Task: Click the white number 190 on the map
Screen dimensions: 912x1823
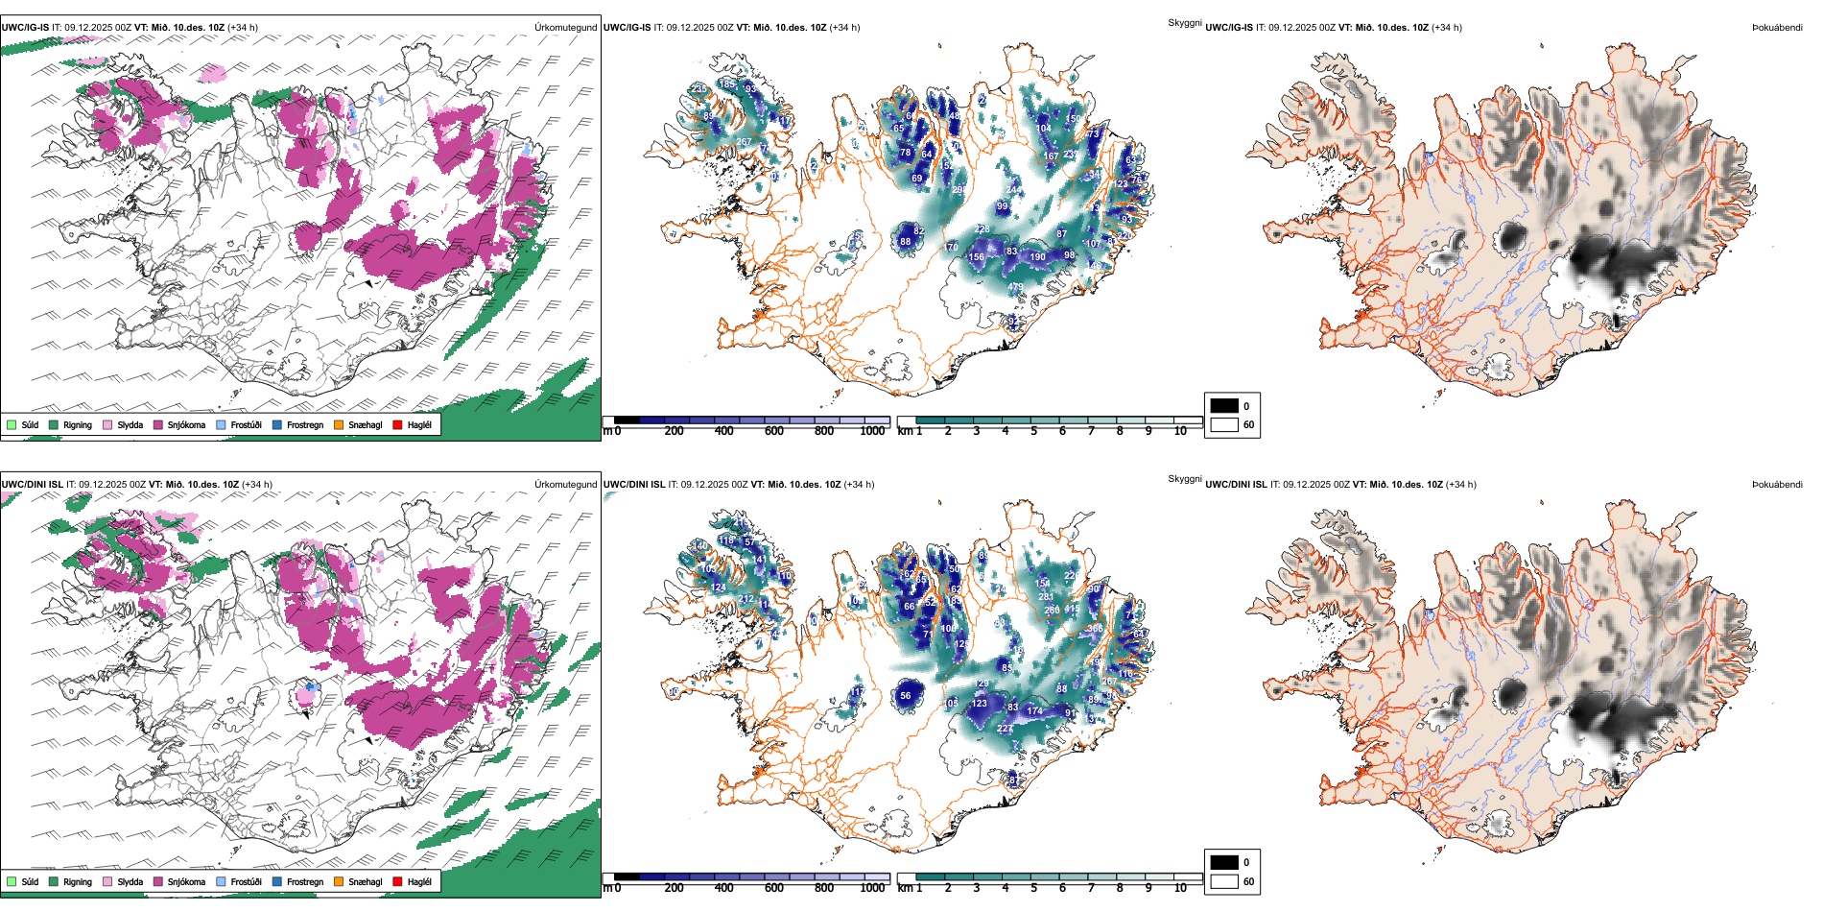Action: coord(1037,257)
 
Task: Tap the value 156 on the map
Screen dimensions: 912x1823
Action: coord(977,257)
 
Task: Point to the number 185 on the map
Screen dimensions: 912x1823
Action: coord(727,84)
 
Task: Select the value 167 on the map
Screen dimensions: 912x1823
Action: coord(1051,156)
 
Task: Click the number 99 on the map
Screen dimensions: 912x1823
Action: coord(1003,206)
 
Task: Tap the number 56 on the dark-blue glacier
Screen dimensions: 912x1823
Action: coord(905,696)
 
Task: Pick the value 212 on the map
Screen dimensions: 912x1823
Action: coord(746,599)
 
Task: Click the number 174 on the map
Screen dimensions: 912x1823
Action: coord(1034,711)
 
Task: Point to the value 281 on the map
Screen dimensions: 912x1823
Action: coord(1046,596)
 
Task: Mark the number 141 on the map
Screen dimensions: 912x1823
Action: coord(759,560)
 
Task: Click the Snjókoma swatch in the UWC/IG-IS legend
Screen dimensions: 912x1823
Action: coord(158,424)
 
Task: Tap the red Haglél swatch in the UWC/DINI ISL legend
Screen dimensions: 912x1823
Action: coord(397,881)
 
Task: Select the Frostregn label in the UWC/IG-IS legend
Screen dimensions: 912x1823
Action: coord(305,424)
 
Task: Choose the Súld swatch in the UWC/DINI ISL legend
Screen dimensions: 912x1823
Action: coord(12,881)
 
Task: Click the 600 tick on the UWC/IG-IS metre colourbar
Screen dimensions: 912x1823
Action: coord(773,431)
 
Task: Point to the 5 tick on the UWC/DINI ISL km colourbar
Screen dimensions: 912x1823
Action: coord(1033,888)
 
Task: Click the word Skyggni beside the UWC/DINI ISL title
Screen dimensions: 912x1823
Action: coord(1184,478)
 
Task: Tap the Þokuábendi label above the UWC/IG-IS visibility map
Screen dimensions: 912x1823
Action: coord(1777,28)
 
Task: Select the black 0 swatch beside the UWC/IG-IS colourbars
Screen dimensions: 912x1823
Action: coord(1224,406)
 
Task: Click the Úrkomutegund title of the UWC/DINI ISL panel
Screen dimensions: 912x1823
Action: coord(565,484)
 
